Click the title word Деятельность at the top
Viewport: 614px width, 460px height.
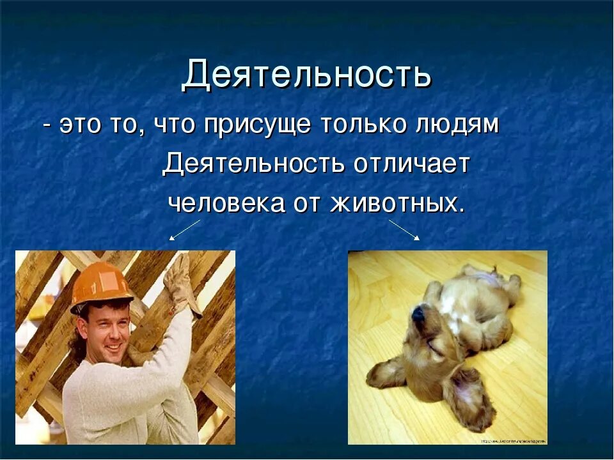(x=306, y=76)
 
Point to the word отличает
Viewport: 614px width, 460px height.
(x=411, y=164)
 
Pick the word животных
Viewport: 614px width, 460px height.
(x=396, y=204)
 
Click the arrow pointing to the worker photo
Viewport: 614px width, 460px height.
(x=184, y=230)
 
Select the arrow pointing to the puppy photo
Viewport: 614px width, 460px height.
(x=404, y=230)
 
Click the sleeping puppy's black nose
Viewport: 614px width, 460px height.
(x=417, y=314)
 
